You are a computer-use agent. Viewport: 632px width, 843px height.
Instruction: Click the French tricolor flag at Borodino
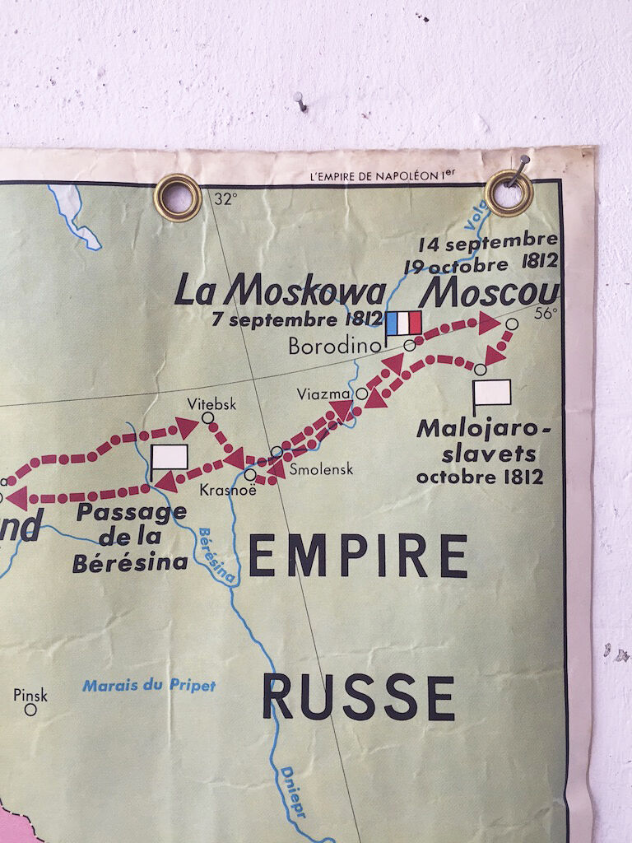click(403, 323)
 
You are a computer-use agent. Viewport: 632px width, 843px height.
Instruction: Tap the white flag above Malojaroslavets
click(492, 394)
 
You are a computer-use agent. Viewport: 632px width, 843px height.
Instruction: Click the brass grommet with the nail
click(509, 193)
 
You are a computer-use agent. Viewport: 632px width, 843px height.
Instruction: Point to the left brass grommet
click(178, 198)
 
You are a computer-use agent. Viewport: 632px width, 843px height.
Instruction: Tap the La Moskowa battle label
click(280, 291)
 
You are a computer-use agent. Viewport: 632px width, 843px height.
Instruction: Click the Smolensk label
click(321, 469)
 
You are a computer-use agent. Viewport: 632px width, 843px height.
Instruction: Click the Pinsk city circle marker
click(30, 709)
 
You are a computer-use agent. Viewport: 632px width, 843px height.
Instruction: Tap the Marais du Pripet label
click(149, 686)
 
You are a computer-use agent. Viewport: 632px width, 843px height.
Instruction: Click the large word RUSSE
click(359, 697)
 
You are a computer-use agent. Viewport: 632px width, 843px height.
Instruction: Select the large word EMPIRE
click(358, 556)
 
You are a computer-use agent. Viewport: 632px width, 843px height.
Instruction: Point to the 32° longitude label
click(225, 198)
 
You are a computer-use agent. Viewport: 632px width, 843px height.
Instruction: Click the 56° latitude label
click(546, 313)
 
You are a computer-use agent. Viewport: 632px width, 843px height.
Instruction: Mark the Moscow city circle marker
click(512, 324)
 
